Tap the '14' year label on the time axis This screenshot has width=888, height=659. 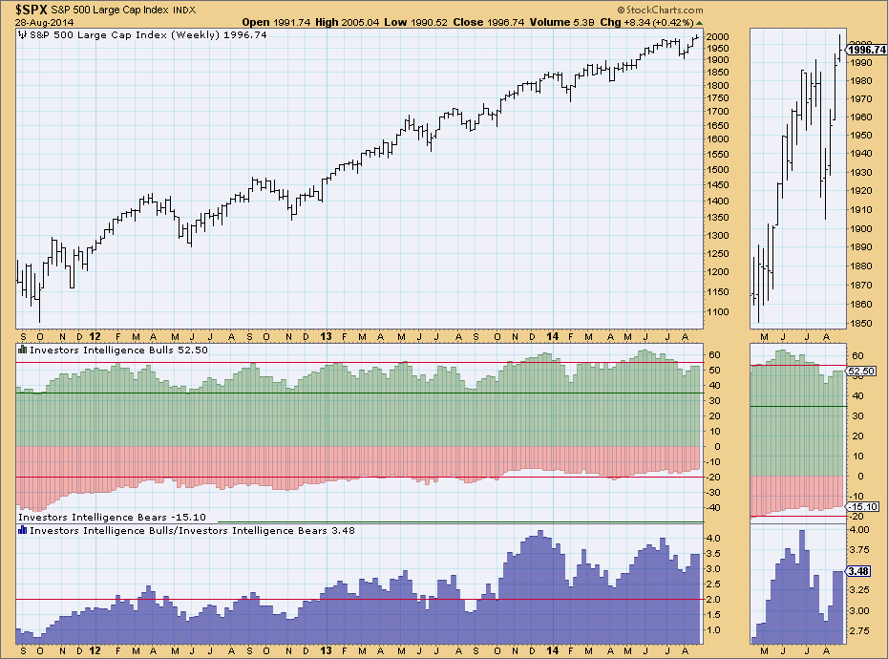click(x=554, y=336)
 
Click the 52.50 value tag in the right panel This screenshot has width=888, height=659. click(x=862, y=371)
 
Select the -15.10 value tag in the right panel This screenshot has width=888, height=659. click(x=862, y=507)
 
